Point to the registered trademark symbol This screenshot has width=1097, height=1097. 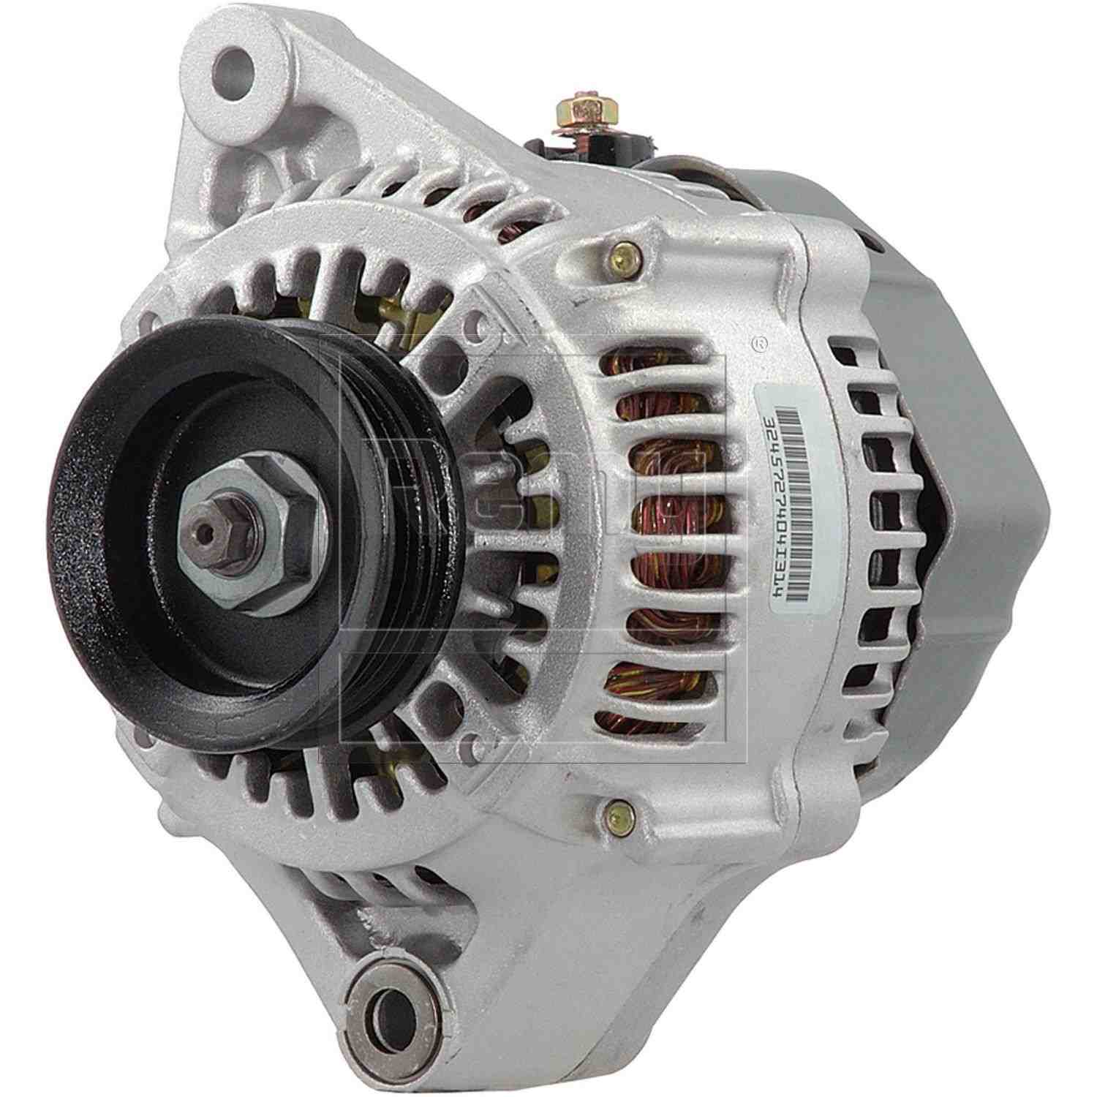coord(761,341)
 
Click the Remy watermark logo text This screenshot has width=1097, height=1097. coord(534,505)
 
